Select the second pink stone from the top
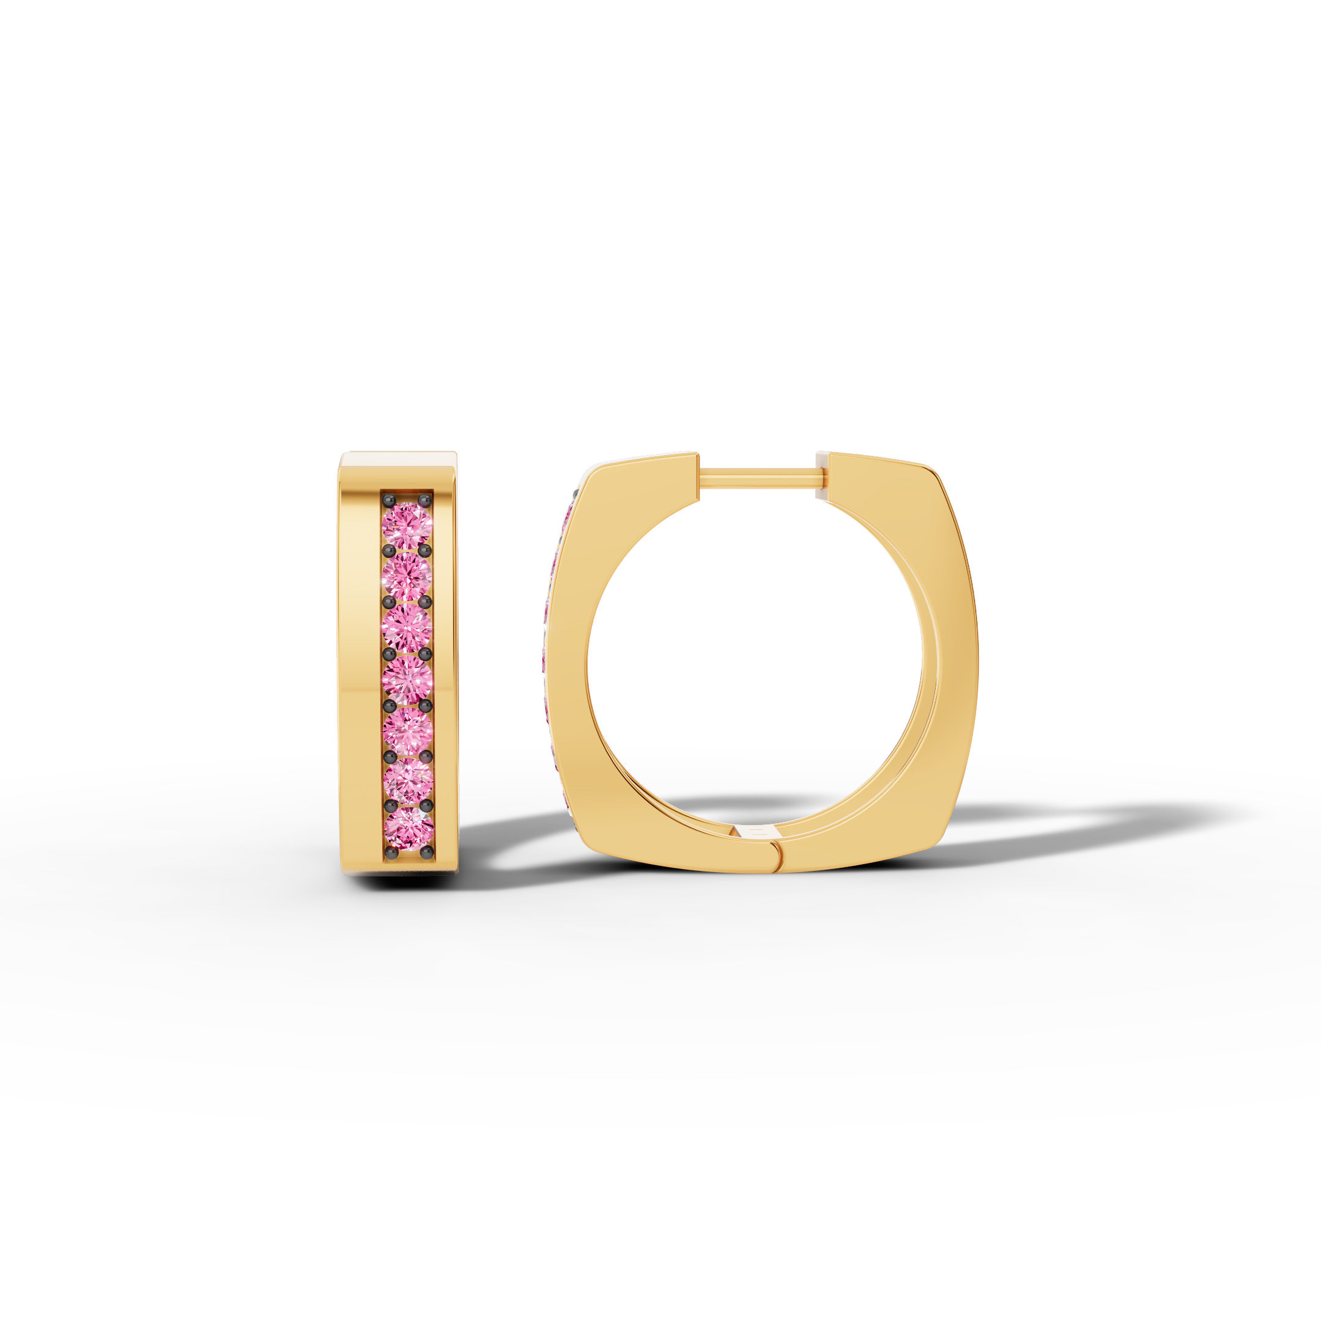pos(407,576)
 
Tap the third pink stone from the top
pos(407,627)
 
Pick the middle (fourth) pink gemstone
pos(407,678)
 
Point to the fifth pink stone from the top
pos(407,729)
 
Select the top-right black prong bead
pos(424,500)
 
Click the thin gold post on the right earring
pos(758,475)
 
